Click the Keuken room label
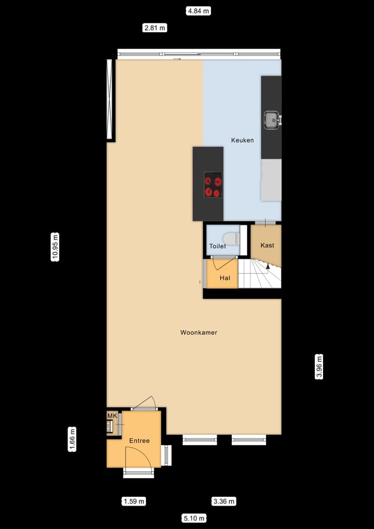point(242,140)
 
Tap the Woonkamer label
point(198,332)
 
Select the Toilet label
point(217,246)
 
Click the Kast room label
point(267,245)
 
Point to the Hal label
point(224,278)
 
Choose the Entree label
point(139,441)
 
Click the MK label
point(112,416)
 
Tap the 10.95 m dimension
point(55,247)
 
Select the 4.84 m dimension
point(198,10)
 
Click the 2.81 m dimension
point(155,28)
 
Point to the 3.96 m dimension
point(319,367)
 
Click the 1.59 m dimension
point(134,501)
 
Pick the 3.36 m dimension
point(224,501)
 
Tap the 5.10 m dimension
point(194,518)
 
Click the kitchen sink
point(272,120)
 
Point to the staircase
point(259,275)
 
